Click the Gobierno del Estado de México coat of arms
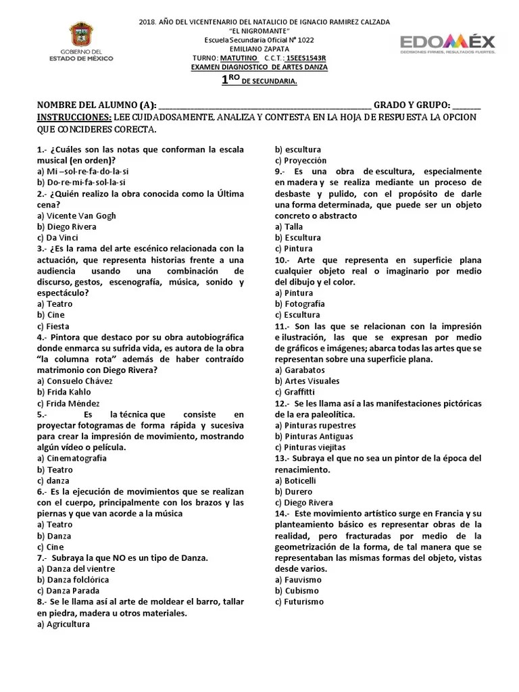point(84,34)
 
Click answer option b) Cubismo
point(297,591)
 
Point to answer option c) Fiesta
point(55,326)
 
